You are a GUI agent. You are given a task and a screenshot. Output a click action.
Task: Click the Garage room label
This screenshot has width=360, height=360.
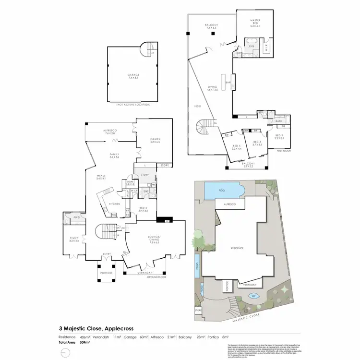click(133, 75)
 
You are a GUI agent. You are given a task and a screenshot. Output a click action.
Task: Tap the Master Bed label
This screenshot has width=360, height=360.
click(254, 21)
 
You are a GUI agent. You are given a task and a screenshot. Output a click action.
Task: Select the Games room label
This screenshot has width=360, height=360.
click(155, 139)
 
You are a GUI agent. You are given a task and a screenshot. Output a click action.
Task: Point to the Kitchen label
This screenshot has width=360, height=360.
click(114, 204)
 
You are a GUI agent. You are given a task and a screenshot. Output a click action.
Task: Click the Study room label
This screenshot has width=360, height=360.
click(73, 239)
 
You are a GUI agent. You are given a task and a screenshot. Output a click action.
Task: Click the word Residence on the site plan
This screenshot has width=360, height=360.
click(238, 248)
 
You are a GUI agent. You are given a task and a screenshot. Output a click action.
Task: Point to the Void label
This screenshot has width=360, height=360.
click(197, 106)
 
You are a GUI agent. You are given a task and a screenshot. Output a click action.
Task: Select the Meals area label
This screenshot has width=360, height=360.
click(100, 177)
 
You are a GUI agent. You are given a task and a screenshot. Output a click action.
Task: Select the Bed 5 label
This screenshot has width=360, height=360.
click(143, 209)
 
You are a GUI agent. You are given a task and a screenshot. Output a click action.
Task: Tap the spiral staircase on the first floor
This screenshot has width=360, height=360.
click(205, 129)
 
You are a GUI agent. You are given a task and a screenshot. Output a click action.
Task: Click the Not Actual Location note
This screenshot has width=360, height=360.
click(133, 104)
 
